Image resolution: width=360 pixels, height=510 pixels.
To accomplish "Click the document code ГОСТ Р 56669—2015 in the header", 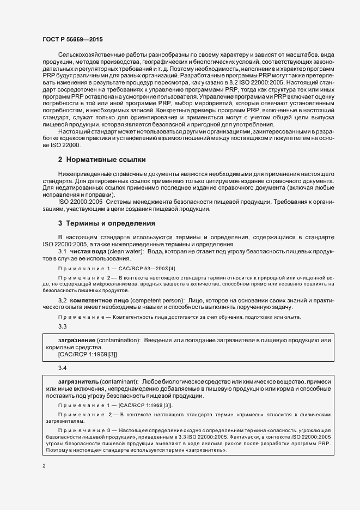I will pos(72,39).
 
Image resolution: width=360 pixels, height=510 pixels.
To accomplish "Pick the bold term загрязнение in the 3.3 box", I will pos(72,340).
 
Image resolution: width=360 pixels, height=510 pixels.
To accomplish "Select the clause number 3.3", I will pos(62,326).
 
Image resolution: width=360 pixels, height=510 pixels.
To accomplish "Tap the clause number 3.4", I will pos(62,368).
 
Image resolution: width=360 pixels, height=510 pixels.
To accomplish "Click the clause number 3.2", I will pos(62,300).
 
